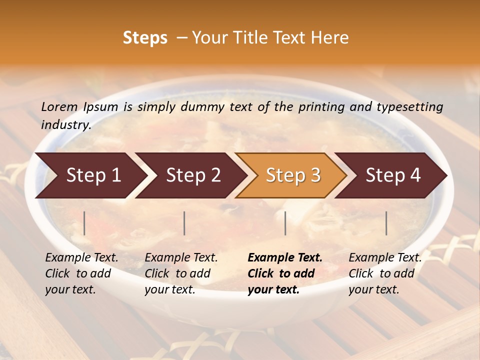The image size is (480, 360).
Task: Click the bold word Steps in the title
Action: tap(145, 38)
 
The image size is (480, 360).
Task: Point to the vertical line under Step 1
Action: tap(84, 223)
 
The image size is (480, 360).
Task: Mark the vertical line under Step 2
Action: tap(184, 223)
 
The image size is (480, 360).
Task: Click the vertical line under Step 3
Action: tap(285, 223)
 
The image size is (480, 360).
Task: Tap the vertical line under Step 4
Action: tap(386, 223)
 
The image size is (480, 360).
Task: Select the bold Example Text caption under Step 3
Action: tap(285, 273)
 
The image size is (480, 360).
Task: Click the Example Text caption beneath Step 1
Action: tap(81, 273)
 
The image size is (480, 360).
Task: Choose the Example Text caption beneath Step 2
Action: tap(181, 273)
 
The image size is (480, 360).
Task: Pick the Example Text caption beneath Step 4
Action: tap(385, 273)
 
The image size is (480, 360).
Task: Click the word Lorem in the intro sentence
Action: tap(59, 107)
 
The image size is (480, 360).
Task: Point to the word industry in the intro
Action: tap(66, 125)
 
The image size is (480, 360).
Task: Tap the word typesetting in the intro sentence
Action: tap(409, 107)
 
